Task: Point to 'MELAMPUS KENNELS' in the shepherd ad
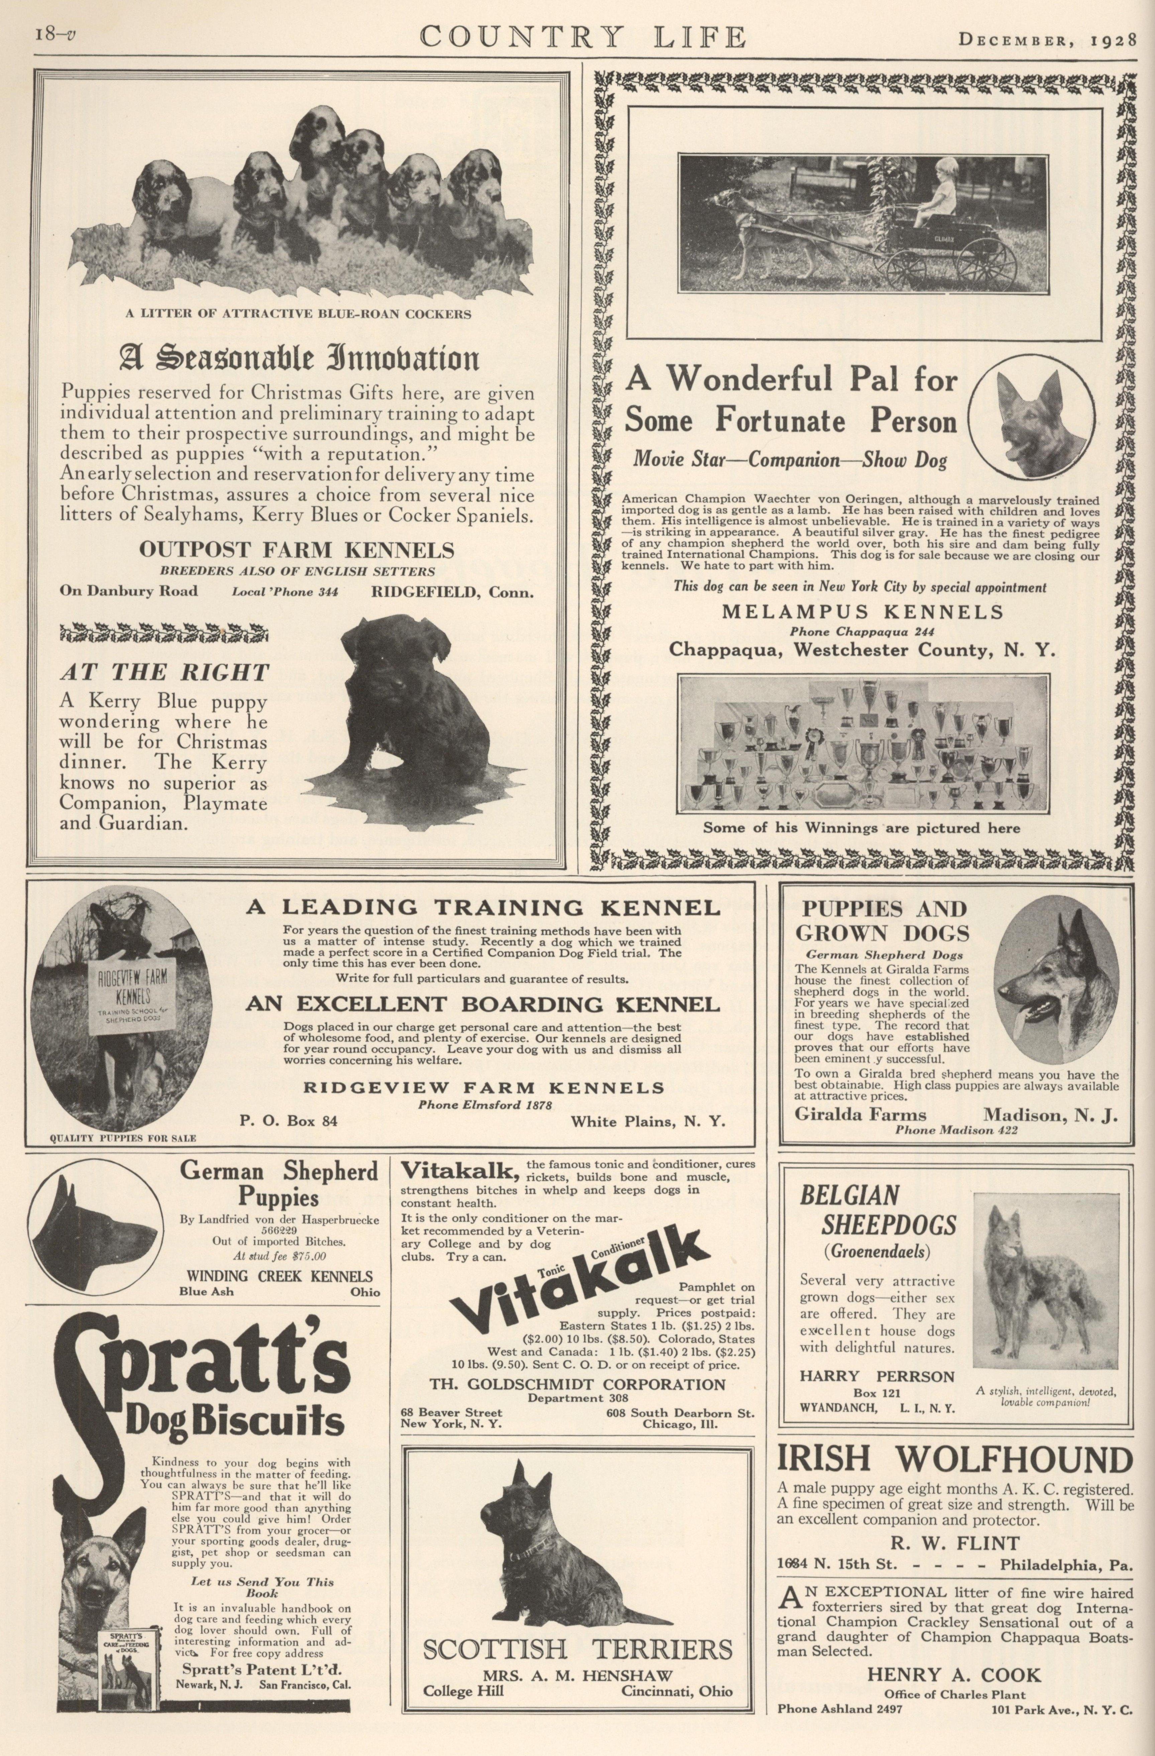coord(862,612)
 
